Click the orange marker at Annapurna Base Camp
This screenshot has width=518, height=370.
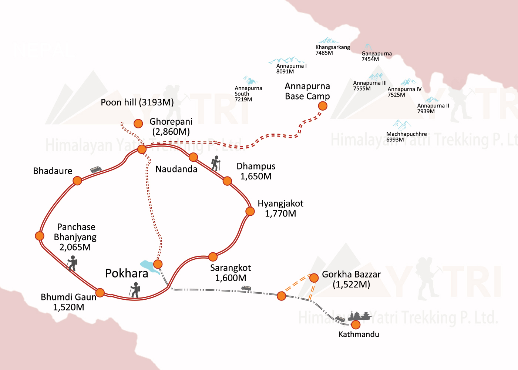tap(323, 106)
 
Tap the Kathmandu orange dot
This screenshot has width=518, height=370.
tap(356, 325)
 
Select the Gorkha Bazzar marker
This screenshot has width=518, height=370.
tap(314, 278)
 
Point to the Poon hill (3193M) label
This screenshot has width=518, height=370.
tap(137, 102)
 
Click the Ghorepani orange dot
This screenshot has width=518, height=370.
tap(138, 124)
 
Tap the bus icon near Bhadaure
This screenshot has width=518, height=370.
tap(96, 169)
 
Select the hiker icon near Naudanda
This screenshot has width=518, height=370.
tap(216, 163)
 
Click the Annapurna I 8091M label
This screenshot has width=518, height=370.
tap(291, 68)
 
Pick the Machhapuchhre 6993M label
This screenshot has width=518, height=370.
tap(406, 137)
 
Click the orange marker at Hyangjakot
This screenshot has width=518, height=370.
tap(250, 211)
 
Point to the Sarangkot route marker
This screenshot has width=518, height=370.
tap(213, 257)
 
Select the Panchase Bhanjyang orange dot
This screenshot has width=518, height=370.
tap(40, 236)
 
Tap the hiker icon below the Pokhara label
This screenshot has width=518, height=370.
tap(135, 290)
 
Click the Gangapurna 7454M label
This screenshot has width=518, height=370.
tap(376, 56)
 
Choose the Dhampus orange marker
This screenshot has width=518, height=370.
tap(228, 181)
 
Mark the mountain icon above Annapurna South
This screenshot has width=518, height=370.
tap(250, 80)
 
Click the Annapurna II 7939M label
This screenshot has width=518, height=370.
tap(433, 108)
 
